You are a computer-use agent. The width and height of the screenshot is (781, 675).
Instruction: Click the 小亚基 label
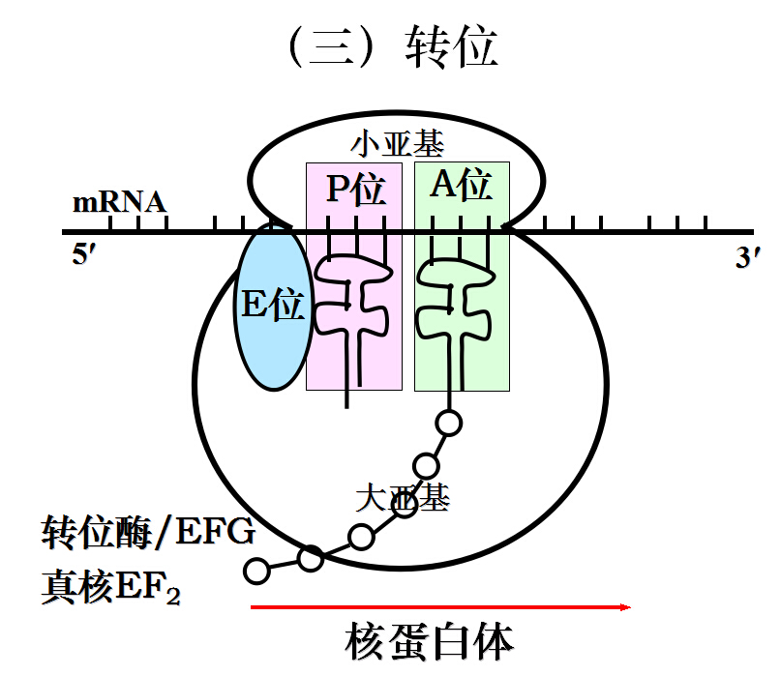click(397, 145)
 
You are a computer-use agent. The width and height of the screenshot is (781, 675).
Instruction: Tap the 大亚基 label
click(402, 499)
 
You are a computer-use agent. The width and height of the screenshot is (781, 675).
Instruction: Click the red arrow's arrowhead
click(624, 607)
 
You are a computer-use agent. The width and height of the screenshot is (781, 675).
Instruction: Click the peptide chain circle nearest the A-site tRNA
click(448, 423)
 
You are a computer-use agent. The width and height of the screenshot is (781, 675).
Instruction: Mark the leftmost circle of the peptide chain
click(256, 571)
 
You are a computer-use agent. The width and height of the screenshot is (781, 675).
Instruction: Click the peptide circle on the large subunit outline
click(311, 558)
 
